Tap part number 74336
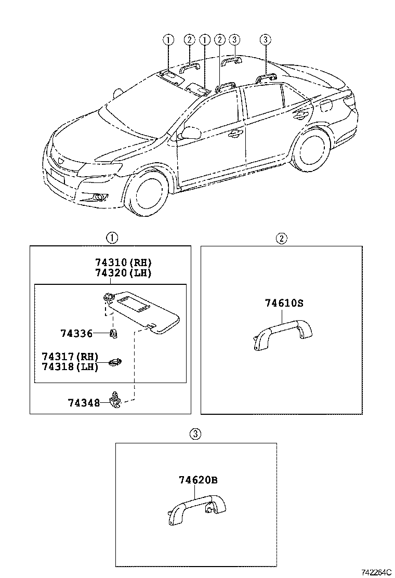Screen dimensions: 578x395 point(76,334)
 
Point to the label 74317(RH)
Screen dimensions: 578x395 point(70,357)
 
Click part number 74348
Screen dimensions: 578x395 point(83,402)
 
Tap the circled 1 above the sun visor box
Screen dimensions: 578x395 point(112,238)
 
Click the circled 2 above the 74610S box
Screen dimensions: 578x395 point(281,238)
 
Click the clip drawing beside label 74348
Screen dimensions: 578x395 point(115,401)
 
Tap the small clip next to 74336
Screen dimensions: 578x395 point(113,334)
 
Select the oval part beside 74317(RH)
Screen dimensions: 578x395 point(114,362)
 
